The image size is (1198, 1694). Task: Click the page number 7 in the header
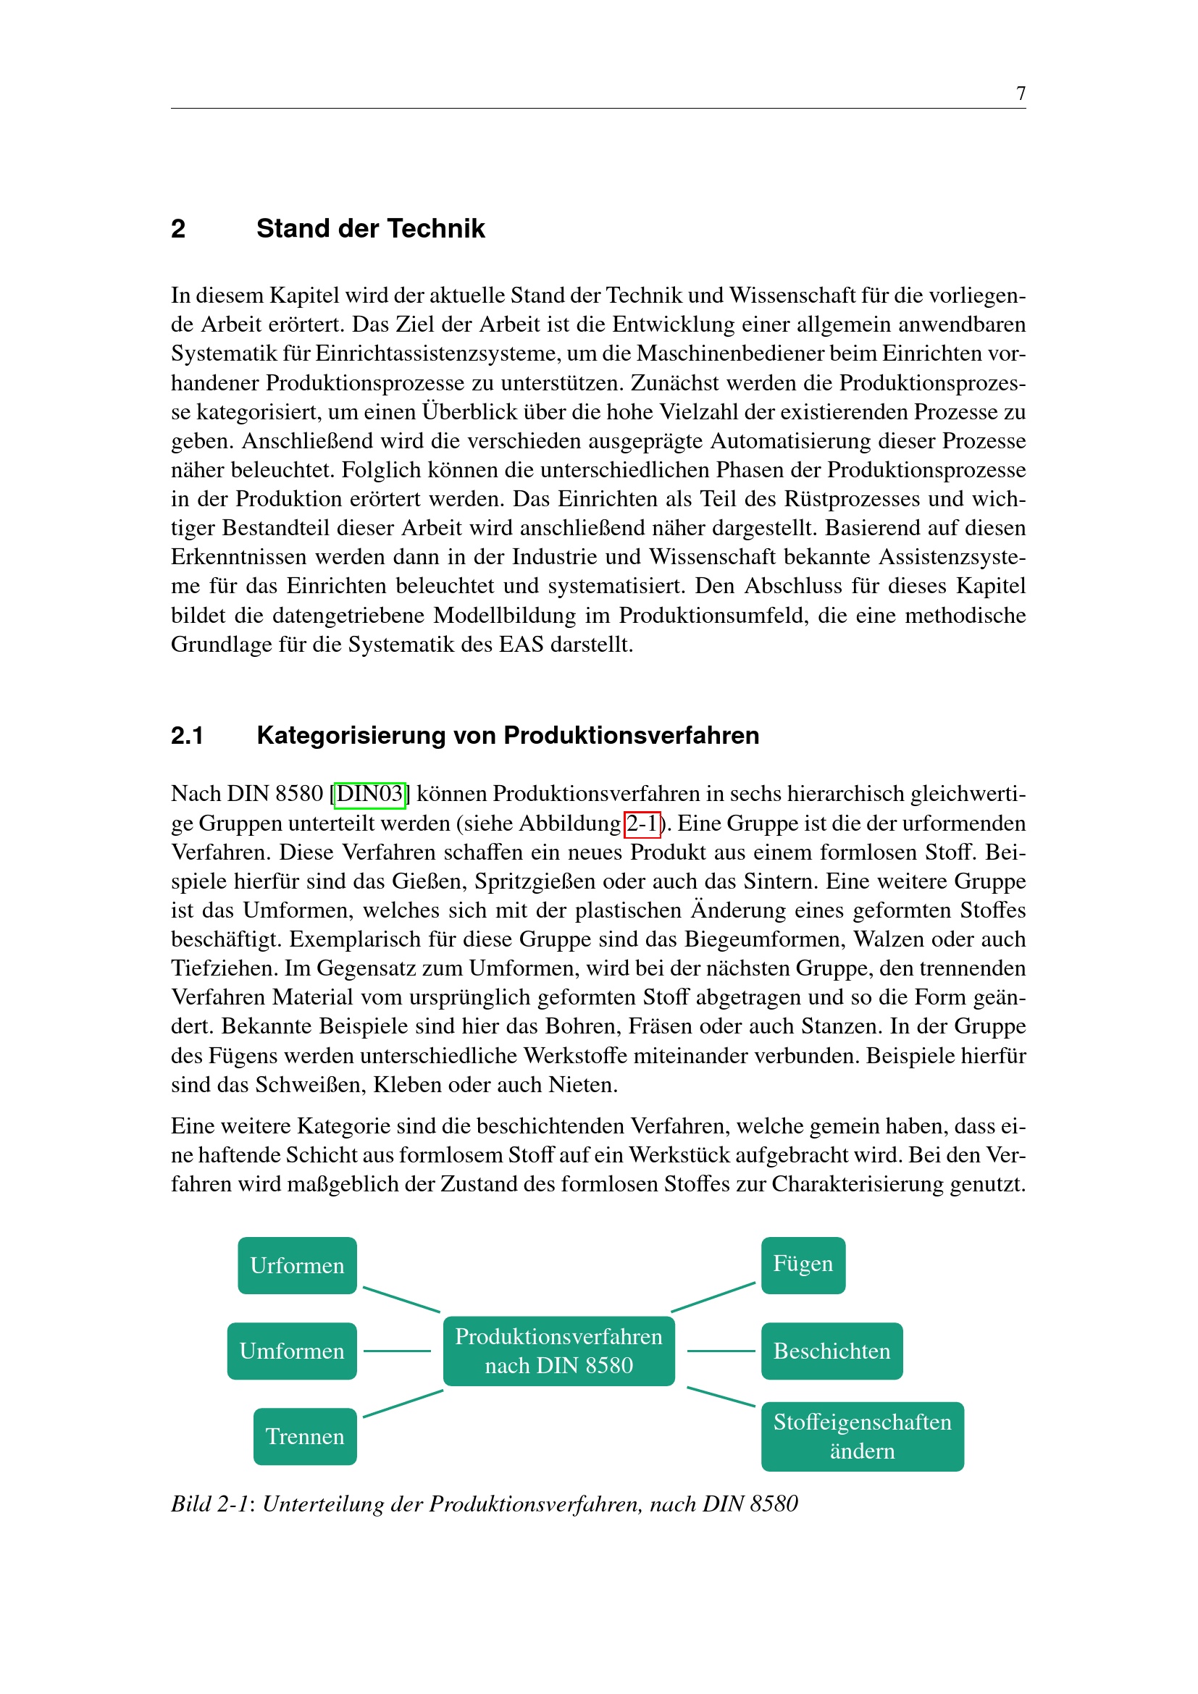(1021, 93)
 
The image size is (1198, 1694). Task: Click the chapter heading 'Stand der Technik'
(370, 229)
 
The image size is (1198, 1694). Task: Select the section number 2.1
(187, 736)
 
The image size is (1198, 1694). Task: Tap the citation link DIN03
(369, 794)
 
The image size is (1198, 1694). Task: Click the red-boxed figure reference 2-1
(642, 823)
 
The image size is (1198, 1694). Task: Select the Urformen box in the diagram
(297, 1265)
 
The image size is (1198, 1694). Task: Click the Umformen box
(292, 1351)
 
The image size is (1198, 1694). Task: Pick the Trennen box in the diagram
(305, 1436)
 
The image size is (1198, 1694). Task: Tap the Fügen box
(803, 1265)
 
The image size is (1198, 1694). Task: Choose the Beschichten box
(832, 1351)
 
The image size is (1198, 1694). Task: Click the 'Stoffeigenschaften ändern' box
(862, 1436)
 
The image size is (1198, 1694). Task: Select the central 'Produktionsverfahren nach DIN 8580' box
(558, 1351)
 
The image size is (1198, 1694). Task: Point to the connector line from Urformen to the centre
(401, 1299)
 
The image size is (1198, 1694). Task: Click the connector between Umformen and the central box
(397, 1351)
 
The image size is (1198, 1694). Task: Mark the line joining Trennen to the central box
(403, 1404)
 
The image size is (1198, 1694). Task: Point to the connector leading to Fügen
(713, 1297)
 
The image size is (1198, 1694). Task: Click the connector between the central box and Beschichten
(721, 1351)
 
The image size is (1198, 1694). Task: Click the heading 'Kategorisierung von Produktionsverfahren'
(508, 736)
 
